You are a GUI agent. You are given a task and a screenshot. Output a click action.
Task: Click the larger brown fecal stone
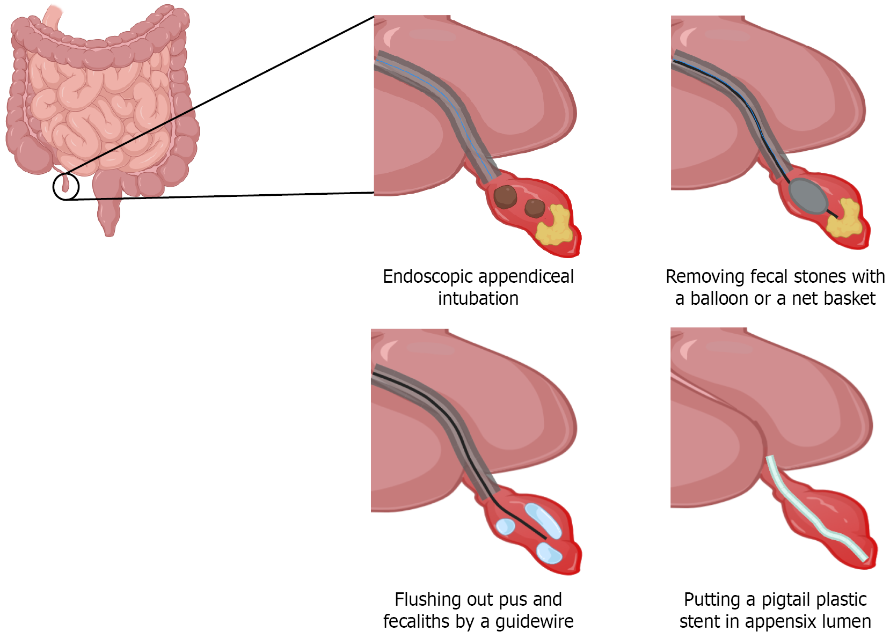coord(505,197)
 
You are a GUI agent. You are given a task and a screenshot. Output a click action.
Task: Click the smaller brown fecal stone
coord(534,208)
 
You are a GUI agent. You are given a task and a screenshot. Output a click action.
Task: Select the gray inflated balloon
coord(808,197)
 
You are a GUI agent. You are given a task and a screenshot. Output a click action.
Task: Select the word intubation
coord(478,298)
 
